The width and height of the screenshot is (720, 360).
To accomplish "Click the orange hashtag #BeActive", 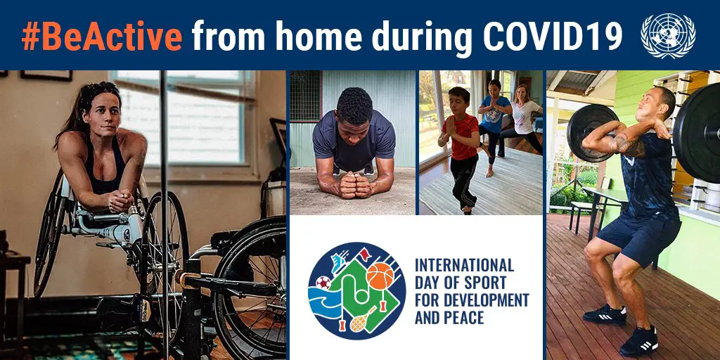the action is pos(102,35).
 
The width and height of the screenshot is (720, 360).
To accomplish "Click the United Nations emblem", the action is pos(668,36).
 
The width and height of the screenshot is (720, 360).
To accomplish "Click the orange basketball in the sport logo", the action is pos(380,276).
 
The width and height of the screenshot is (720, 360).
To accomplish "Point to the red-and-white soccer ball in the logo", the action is pos(323,283).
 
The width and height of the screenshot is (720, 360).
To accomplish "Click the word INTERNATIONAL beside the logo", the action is pos(464,265).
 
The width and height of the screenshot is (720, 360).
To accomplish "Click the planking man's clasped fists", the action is pos(352,185).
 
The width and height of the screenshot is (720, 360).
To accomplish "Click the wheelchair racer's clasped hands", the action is pos(120,200).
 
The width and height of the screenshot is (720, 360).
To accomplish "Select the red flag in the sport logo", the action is pos(365,253).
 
